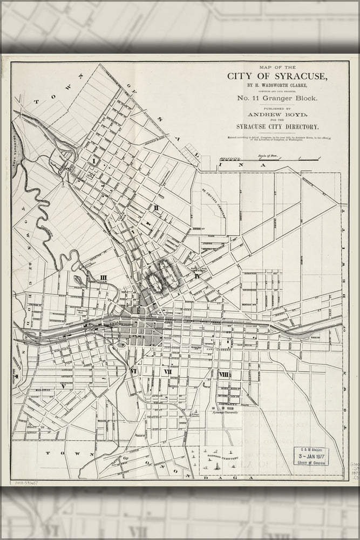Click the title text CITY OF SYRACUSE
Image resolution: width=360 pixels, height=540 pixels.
(277, 76)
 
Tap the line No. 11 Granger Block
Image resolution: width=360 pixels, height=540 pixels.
(277, 98)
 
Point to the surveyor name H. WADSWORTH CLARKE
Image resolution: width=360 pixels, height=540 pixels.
(277, 85)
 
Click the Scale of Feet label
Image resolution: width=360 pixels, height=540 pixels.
(270, 155)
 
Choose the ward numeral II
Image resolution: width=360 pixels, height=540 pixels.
(155, 207)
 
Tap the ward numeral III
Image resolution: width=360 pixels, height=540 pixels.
(104, 278)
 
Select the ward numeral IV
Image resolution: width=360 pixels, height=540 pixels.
(198, 276)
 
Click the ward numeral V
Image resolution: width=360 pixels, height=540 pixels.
(63, 386)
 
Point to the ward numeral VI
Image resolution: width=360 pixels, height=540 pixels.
(134, 372)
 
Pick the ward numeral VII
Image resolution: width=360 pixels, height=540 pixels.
(168, 372)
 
